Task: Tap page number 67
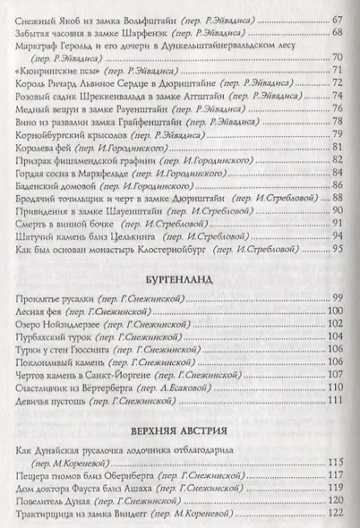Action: pos(337,20)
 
